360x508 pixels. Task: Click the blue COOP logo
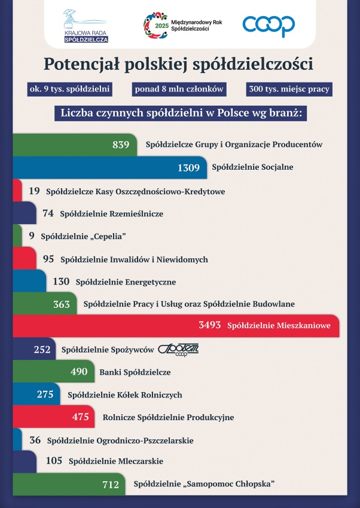[x=269, y=26]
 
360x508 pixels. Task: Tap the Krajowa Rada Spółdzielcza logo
[x=86, y=26]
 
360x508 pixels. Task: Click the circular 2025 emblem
[x=156, y=25]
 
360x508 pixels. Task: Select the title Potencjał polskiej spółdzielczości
[x=179, y=64]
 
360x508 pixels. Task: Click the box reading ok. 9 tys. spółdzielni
[x=69, y=89]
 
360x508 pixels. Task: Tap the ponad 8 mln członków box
[x=179, y=89]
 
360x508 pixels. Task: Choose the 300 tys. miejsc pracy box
[x=289, y=89]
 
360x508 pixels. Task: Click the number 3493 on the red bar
[x=210, y=325]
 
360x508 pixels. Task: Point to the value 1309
[x=188, y=168]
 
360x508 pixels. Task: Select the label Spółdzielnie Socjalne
[x=252, y=167]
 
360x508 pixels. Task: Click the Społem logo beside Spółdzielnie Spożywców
[x=178, y=350]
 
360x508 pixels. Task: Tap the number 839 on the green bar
[x=121, y=145]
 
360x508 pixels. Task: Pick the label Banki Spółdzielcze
[x=135, y=372]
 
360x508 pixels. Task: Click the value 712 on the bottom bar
[x=111, y=485]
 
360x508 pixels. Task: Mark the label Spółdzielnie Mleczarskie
[x=115, y=461]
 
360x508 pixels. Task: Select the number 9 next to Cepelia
[x=32, y=235]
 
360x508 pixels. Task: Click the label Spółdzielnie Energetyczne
[x=126, y=282]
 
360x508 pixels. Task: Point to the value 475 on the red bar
[x=80, y=417]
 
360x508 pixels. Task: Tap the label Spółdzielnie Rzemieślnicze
[x=111, y=214]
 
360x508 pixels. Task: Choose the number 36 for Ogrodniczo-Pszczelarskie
[x=35, y=440]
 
